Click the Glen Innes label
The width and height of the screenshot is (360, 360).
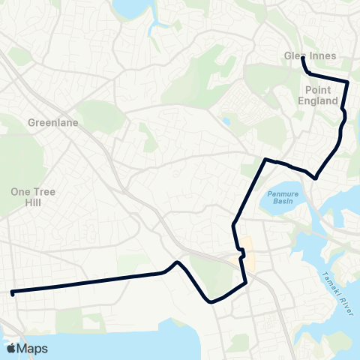click(x=310, y=56)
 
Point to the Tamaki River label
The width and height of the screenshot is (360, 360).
click(x=337, y=292)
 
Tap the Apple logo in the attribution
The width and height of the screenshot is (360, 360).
click(x=10, y=348)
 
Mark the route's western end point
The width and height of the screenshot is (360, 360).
click(x=13, y=292)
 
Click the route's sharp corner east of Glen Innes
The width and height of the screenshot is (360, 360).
click(x=348, y=81)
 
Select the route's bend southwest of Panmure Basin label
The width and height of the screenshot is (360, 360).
click(x=234, y=224)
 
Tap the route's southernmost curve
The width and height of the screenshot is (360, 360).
click(x=213, y=302)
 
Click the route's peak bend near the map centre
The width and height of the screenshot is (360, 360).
click(x=176, y=262)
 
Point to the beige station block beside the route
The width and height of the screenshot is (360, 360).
click(x=247, y=259)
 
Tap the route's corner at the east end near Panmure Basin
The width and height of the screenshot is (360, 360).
click(x=316, y=178)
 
